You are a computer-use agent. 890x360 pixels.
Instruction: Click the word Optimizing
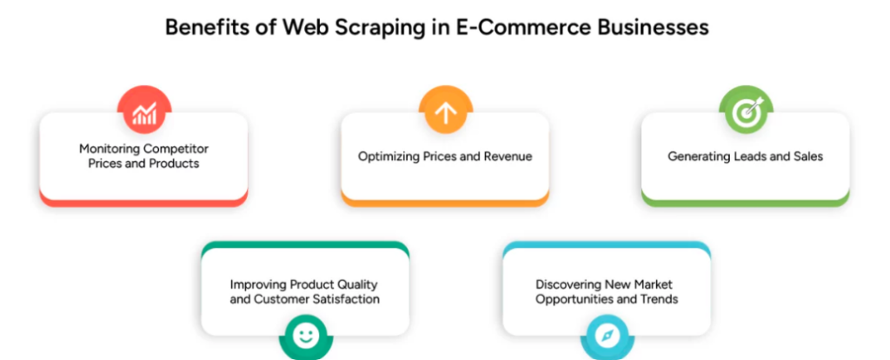tap(389, 157)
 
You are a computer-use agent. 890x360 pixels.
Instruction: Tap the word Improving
tap(257, 284)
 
